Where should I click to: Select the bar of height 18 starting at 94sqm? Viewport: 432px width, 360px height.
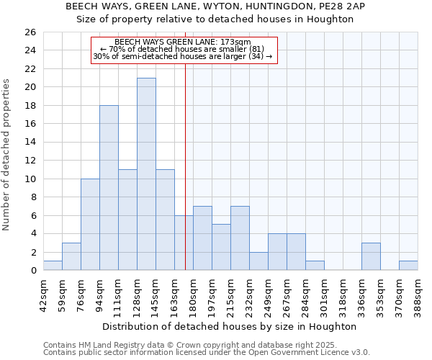pos(109,188)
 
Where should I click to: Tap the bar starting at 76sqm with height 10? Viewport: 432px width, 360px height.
pos(90,225)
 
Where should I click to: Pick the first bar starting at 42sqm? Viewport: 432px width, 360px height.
pos(53,266)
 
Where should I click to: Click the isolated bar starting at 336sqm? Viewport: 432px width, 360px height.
pos(371,257)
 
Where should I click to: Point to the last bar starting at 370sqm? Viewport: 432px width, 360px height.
pos(408,266)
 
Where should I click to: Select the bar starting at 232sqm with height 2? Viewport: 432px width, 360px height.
pos(258,261)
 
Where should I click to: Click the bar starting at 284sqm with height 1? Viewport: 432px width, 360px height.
pos(315,266)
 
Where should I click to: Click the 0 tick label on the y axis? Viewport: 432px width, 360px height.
pos(32,271)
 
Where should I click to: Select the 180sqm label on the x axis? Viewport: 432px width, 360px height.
pos(194,293)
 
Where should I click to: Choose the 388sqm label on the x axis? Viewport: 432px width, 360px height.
pos(418,293)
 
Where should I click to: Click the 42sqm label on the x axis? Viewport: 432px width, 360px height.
pos(44,293)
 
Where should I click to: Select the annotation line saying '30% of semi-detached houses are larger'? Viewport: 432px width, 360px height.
pos(183,56)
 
